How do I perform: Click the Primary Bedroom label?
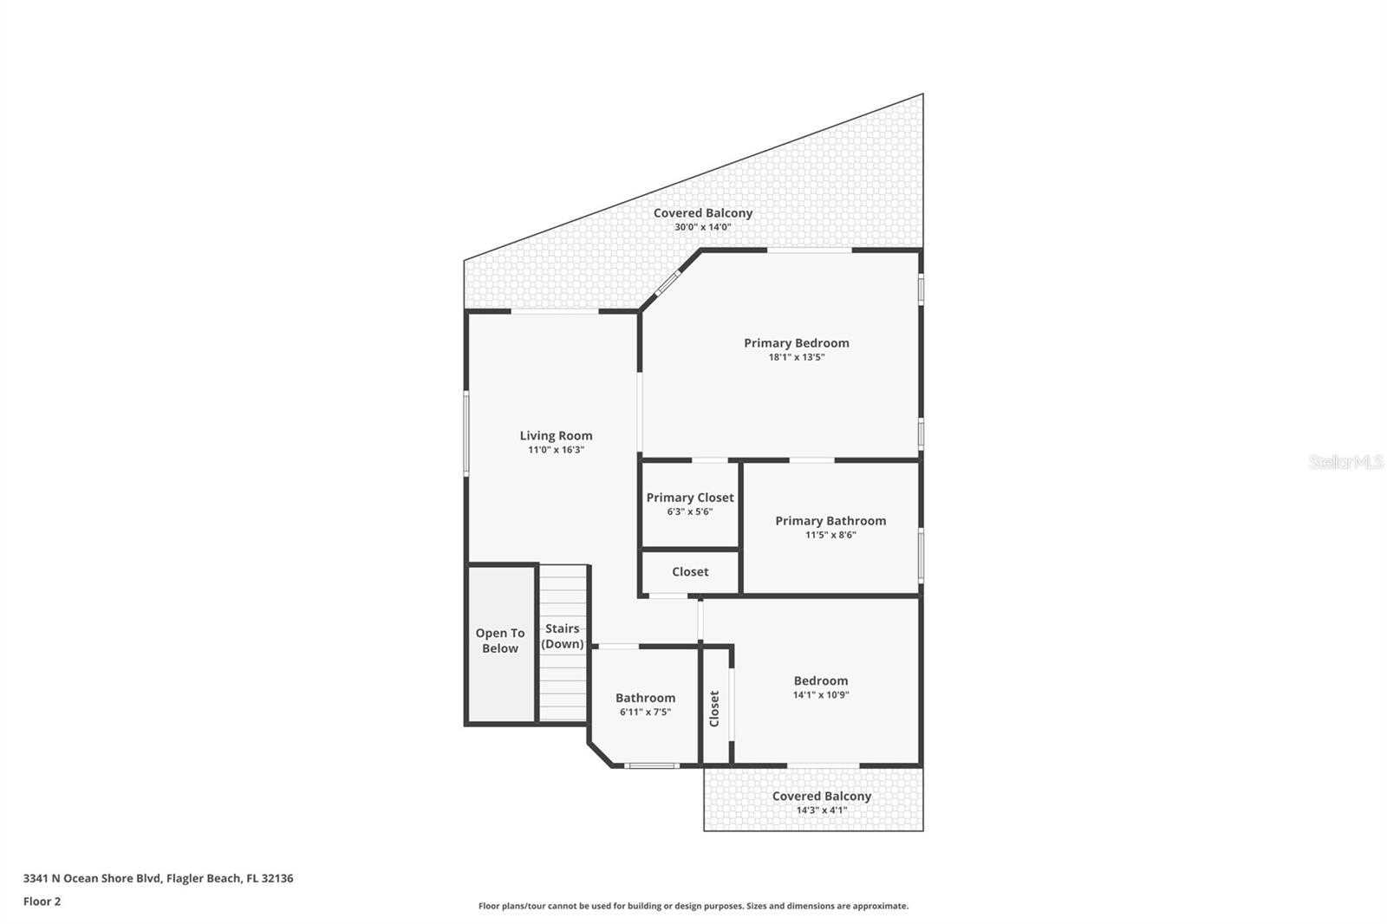coord(796,343)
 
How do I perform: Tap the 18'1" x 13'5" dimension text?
coord(796,357)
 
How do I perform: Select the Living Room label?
coord(556,436)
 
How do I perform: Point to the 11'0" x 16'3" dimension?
coord(556,450)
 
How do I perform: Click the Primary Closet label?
coord(689,498)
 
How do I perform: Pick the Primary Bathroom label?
coord(830,521)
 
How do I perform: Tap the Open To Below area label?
coord(499,641)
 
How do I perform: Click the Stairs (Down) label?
coord(562,636)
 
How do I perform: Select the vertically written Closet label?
coord(714,708)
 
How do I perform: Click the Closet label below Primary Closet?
coord(689,572)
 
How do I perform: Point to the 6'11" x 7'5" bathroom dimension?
coord(645,713)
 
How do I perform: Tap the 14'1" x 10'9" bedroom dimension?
coord(820,695)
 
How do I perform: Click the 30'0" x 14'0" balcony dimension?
coord(702,227)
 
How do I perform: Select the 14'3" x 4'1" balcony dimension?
coord(821,810)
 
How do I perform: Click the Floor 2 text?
coord(42,901)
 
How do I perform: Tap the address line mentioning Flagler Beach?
coord(158,878)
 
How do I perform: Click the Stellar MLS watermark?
coord(1345,462)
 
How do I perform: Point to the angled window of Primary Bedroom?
coord(667,283)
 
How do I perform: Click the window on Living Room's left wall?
coord(466,433)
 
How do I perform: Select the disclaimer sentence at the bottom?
coord(693,906)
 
